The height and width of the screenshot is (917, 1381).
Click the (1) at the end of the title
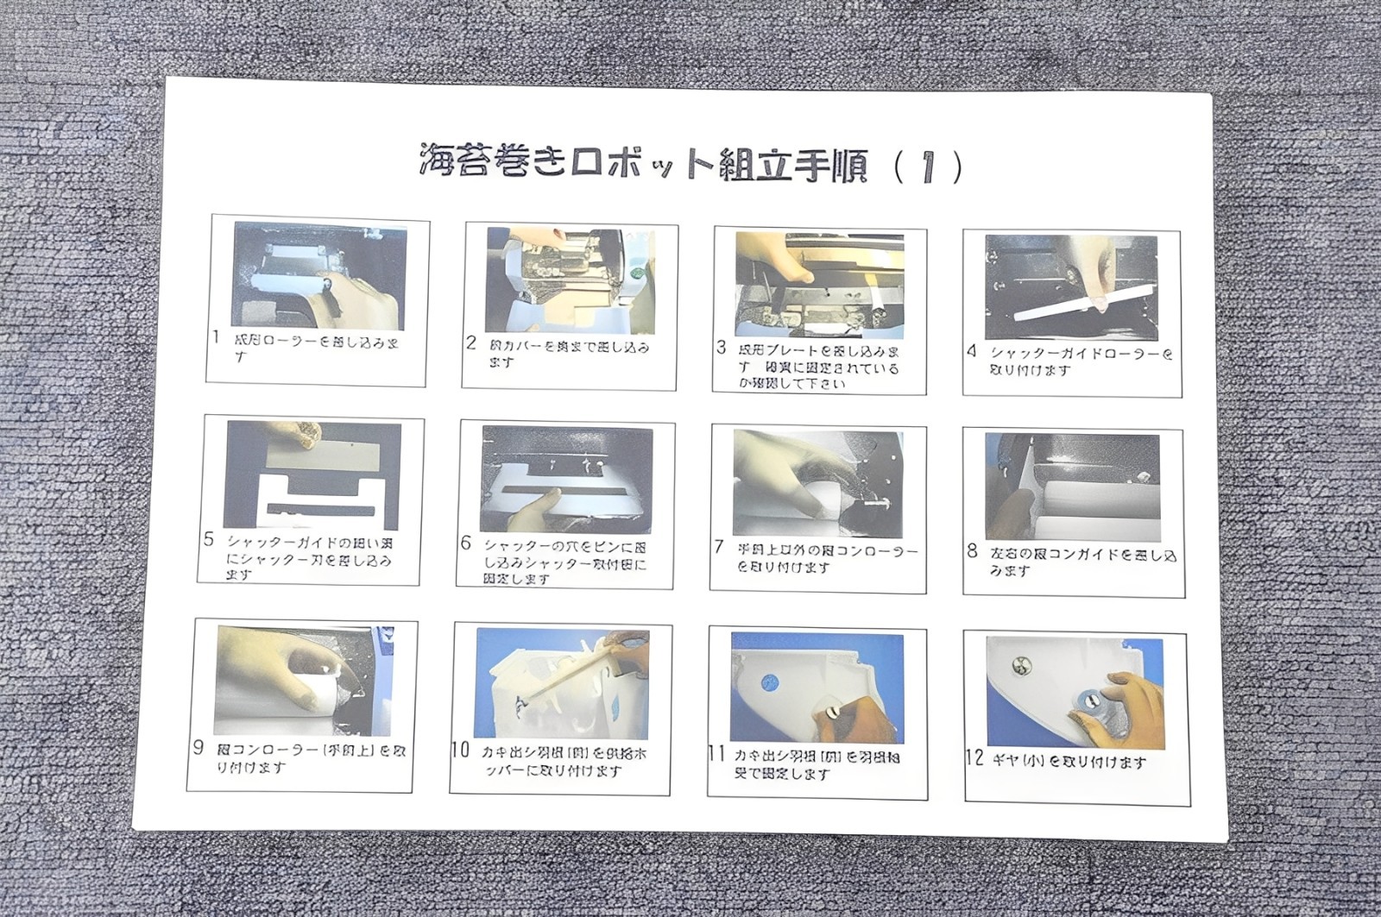928,166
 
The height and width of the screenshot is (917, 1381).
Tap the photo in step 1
318,274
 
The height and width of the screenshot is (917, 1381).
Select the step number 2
471,343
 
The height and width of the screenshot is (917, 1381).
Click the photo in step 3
819,284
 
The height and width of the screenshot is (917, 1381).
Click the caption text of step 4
1080,361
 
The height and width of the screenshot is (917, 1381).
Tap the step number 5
209,540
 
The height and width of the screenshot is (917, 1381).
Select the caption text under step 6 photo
565,562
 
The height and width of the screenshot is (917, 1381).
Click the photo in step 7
817,484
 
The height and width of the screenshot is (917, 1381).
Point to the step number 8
973,551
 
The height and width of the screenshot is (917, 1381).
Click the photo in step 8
1072,487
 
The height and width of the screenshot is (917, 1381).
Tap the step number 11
716,754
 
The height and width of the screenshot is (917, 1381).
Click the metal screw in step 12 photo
1018,665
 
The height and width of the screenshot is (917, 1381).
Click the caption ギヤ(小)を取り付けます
1069,762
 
